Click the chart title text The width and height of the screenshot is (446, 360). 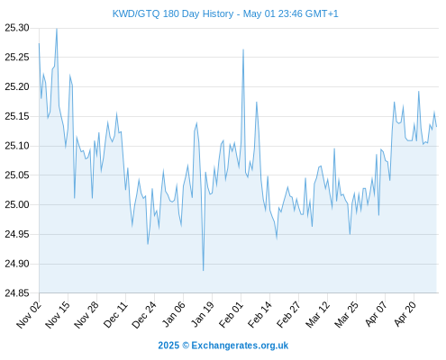(225, 13)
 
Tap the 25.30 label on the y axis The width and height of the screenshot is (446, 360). (17, 28)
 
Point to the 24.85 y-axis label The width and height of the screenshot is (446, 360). (17, 293)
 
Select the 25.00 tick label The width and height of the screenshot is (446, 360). (17, 205)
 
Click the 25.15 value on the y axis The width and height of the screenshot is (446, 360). (17, 116)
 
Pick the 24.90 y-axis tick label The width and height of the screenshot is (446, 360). (17, 264)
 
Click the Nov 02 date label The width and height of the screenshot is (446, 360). (29, 314)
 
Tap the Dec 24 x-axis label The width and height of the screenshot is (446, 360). (144, 314)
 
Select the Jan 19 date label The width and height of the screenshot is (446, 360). (203, 314)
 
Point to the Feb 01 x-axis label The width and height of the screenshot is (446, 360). (231, 314)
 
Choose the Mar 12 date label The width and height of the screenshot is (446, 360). (317, 314)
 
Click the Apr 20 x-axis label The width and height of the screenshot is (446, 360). (405, 314)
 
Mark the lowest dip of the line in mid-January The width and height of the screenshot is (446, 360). (204, 271)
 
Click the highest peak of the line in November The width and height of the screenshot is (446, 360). (57, 29)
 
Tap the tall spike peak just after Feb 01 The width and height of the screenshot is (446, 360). (243, 49)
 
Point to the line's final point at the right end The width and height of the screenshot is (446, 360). (436, 127)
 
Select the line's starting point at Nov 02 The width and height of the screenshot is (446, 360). (39, 44)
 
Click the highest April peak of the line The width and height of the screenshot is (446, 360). (418, 92)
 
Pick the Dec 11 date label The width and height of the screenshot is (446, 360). (115, 314)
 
